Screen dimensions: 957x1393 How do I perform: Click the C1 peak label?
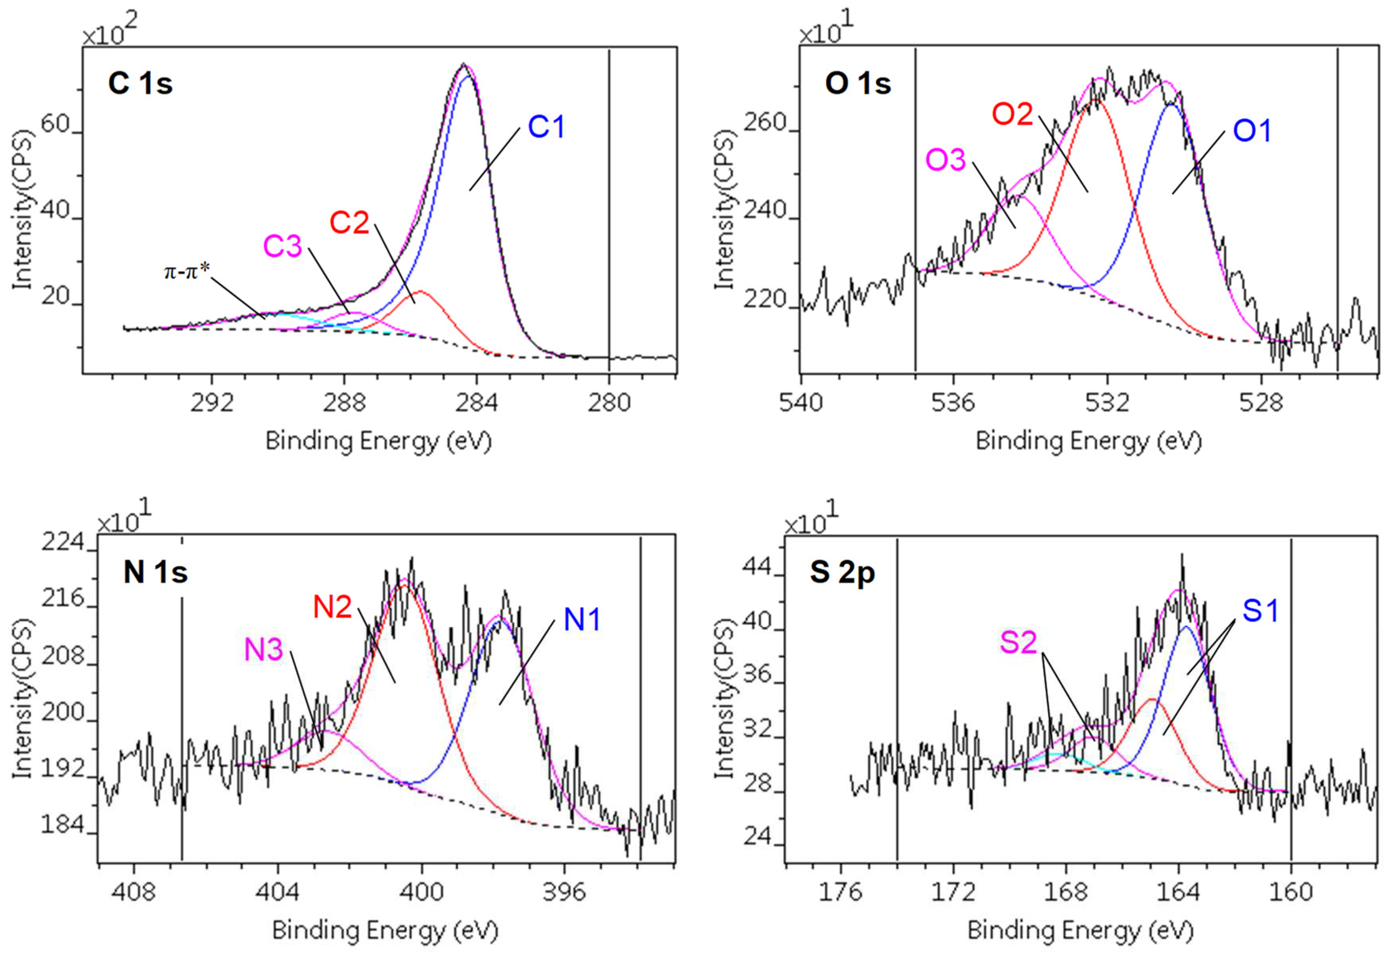[546, 127]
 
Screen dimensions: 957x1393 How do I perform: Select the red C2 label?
[349, 223]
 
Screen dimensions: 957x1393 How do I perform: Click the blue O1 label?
[1252, 131]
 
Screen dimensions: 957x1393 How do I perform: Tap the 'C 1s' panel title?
[140, 83]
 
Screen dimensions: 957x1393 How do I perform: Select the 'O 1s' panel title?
[858, 83]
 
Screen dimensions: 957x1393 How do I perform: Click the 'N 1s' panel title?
[155, 572]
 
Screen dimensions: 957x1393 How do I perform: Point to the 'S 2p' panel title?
[842, 572]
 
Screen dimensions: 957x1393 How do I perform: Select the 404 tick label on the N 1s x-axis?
[277, 892]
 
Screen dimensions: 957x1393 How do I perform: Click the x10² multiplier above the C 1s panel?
[110, 30]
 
